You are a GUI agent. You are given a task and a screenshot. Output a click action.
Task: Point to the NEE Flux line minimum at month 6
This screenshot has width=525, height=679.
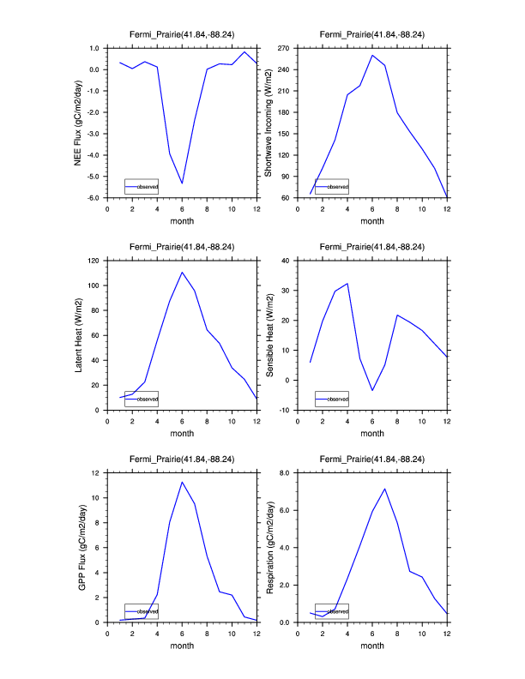pos(182,183)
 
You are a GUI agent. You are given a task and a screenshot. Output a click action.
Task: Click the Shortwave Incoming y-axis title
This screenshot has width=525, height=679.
pos(268,123)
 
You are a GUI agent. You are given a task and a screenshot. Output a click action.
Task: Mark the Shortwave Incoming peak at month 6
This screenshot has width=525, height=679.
pos(372,55)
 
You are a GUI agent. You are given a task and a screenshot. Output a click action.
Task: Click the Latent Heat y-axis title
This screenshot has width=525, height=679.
pos(79,334)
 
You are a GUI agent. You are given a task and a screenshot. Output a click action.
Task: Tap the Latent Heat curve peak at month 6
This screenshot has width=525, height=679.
pos(182,272)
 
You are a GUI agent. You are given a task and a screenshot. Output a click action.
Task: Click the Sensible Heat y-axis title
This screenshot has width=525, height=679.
pos(269,334)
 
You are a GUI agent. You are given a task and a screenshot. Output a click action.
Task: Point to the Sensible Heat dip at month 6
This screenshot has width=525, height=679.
pos(372,391)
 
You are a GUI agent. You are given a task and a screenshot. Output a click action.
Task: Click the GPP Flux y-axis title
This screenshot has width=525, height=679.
pos(79,547)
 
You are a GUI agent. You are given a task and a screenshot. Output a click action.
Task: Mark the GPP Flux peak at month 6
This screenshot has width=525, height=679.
pos(182,482)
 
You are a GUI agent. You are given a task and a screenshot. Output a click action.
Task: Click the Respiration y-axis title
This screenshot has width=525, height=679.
pos(269,547)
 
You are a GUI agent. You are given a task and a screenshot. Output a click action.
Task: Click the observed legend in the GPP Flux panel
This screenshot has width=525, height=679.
pos(141,611)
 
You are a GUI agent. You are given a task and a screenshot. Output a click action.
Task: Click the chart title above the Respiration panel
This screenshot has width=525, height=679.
pos(372,460)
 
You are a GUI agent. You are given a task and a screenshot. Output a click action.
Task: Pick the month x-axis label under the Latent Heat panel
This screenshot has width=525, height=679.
pos(182,434)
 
